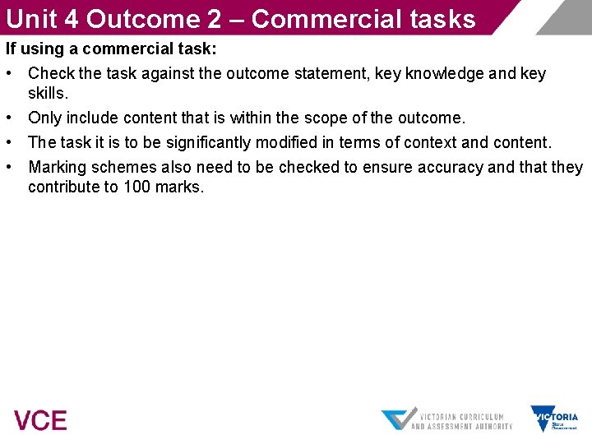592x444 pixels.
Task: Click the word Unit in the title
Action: pos(31,18)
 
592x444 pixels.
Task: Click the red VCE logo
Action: pos(40,420)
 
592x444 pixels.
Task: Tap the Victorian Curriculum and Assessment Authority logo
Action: pos(446,419)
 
